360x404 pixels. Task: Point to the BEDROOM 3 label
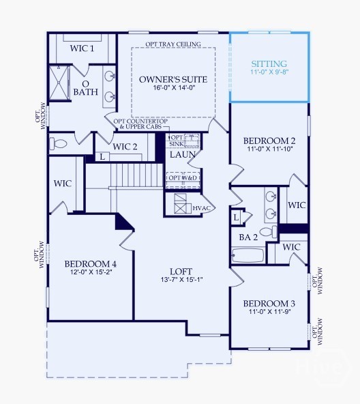click(269, 304)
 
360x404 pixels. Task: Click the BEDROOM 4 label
click(91, 264)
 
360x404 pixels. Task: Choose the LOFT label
click(181, 271)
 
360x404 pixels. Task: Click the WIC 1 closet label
click(82, 48)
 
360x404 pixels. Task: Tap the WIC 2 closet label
click(125, 147)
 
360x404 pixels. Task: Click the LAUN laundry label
click(183, 155)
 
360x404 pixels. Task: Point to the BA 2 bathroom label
click(247, 237)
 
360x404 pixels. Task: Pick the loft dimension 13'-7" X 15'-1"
click(181, 280)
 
